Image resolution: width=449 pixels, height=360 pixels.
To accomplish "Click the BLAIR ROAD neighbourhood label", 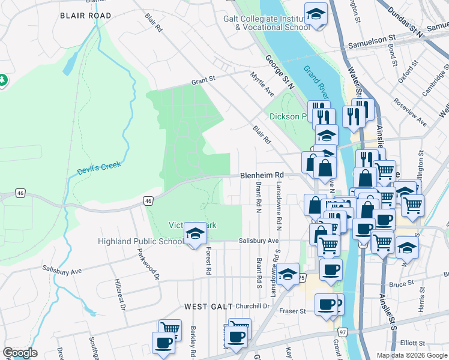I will click(x=85, y=15).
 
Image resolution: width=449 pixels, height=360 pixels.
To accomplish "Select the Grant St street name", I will click(x=203, y=79).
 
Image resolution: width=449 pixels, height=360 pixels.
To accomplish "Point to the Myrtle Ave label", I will click(x=262, y=83).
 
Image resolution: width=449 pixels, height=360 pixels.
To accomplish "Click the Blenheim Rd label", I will click(x=261, y=175).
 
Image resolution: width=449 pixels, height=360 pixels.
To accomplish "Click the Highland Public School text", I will click(x=141, y=242).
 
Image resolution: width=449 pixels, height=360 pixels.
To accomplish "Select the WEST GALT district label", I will click(x=208, y=307).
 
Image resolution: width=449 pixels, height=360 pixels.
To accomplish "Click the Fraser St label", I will click(x=295, y=311).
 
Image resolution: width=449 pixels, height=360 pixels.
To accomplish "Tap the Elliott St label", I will click(x=412, y=342).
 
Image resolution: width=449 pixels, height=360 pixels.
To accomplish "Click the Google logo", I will click(x=20, y=353).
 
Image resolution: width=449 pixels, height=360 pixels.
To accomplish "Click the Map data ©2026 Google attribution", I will click(x=411, y=355).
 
